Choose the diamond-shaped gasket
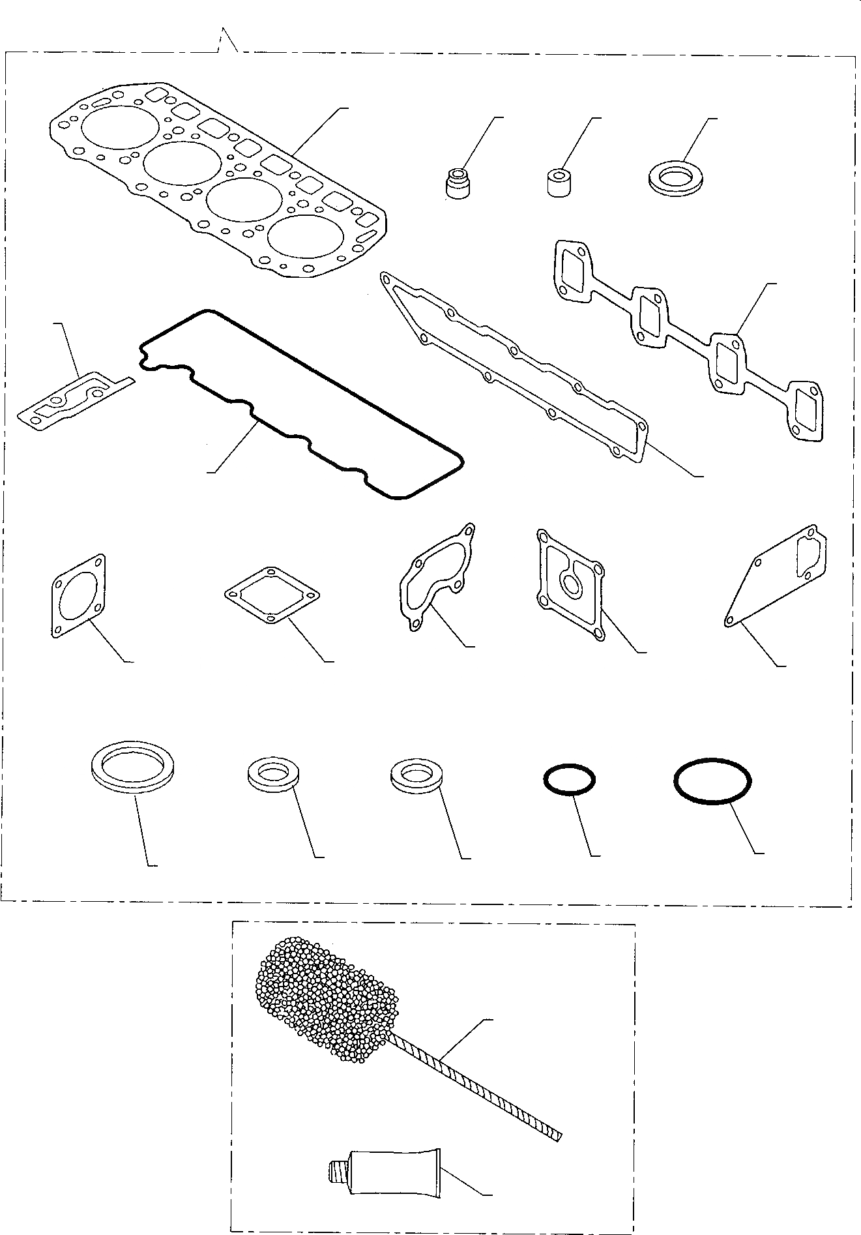tap(272, 594)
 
